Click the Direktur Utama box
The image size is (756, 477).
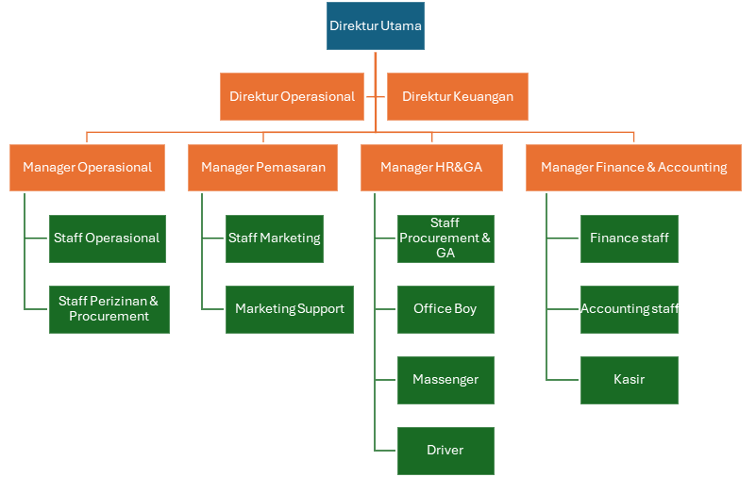click(376, 26)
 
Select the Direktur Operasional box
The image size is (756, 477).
click(292, 96)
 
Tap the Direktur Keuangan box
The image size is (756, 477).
click(457, 96)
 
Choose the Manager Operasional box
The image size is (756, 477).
click(88, 167)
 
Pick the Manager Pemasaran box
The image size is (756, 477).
click(262, 167)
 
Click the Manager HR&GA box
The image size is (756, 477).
click(431, 167)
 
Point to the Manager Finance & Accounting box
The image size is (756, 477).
click(633, 167)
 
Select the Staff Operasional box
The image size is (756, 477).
click(107, 238)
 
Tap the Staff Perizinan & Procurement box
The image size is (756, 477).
click(109, 309)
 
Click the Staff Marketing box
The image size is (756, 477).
click(274, 238)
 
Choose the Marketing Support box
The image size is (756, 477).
click(289, 309)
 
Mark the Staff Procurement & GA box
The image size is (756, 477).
click(445, 238)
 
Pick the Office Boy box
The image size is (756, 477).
click(445, 309)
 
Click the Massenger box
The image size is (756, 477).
click(445, 380)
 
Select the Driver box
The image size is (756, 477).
click(445, 451)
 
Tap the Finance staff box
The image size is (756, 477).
click(629, 238)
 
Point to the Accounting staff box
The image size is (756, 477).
click(629, 309)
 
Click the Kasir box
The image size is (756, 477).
click(629, 380)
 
